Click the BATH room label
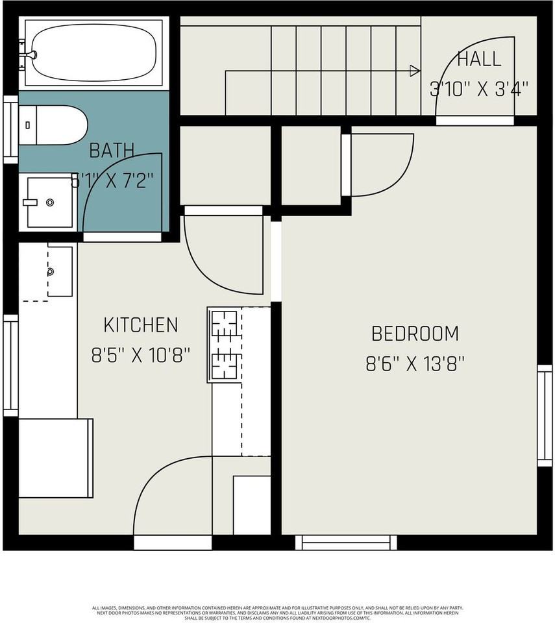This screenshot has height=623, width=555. pos(112,151)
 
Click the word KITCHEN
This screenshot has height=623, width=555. pos(141,324)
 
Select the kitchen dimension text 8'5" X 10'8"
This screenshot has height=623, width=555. pos(141,355)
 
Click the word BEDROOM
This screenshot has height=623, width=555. pos(415,334)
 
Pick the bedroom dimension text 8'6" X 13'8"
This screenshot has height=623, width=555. pos(415,364)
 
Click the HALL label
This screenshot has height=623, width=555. pos(479,59)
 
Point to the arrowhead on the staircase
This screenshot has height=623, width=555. pos(415,70)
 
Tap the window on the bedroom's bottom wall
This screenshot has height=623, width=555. pos(346,542)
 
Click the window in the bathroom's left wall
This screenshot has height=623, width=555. pos(10,128)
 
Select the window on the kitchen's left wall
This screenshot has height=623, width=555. pos(10,363)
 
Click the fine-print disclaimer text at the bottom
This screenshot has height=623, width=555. pos(277,613)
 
